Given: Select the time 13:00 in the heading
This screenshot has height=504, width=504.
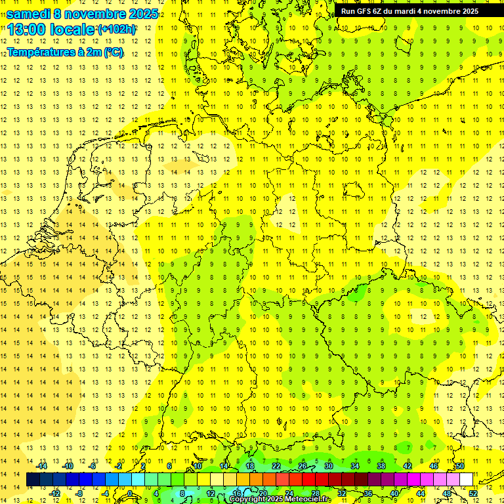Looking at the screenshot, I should (27, 30).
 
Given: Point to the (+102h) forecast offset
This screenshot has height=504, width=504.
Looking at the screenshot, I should (116, 30).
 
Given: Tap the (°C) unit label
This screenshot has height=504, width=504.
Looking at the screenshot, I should (113, 52).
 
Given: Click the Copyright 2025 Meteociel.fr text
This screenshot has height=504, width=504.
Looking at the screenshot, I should (280, 499).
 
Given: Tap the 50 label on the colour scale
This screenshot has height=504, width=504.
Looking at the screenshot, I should (460, 466).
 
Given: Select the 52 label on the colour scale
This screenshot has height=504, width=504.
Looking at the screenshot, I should (472, 493).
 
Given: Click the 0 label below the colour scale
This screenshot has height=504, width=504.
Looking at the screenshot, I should (131, 493).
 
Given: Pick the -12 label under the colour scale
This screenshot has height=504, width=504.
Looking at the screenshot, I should (54, 493).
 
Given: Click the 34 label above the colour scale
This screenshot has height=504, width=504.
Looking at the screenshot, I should (355, 466).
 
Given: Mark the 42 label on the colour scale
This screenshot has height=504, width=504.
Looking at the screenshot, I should (408, 466).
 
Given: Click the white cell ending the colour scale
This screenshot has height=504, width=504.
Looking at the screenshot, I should (466, 480).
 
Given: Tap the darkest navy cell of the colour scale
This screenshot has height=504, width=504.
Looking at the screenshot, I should (33, 480).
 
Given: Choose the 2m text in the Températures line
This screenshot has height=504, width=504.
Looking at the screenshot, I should (94, 52).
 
